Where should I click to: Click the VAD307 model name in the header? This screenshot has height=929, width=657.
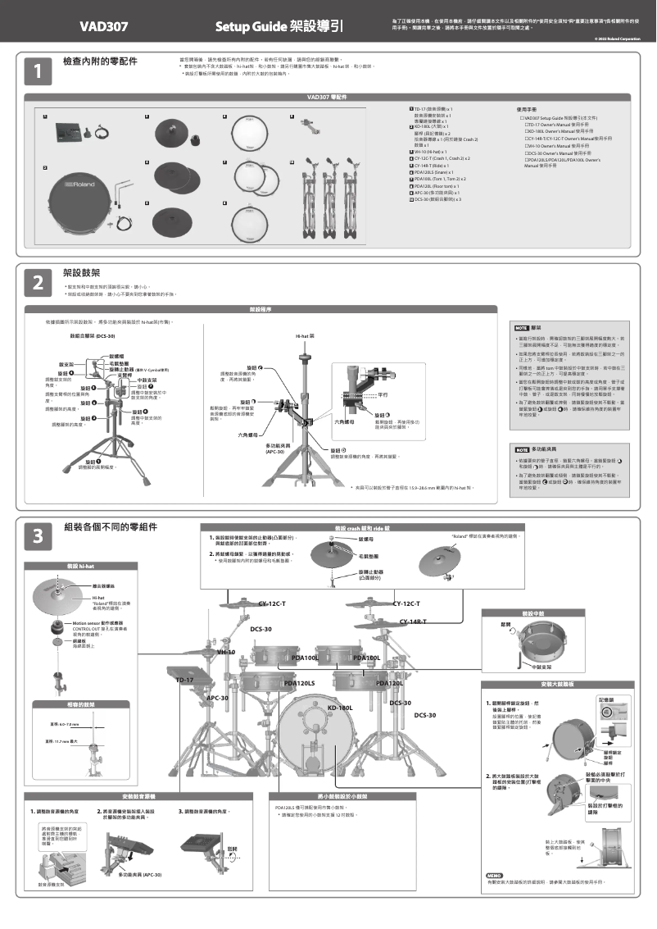[x=103, y=26]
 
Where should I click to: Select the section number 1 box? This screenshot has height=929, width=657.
[x=37, y=72]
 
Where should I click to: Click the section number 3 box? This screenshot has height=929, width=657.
[x=37, y=535]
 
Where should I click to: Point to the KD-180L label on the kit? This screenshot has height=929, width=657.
[x=339, y=707]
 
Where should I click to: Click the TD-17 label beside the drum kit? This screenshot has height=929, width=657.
[x=184, y=680]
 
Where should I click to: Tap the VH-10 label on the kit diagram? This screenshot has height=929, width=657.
[x=226, y=652]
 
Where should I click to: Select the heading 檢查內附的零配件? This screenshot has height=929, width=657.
[x=100, y=62]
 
